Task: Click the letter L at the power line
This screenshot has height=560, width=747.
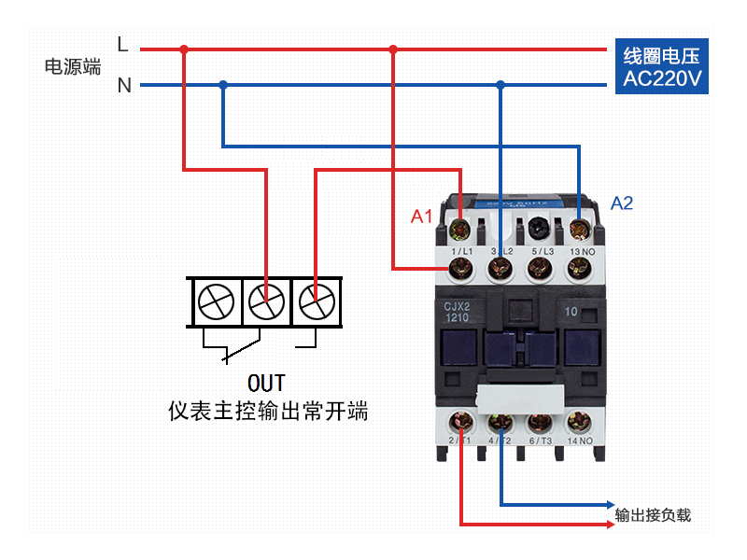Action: click(122, 44)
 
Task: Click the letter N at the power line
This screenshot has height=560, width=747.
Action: click(124, 86)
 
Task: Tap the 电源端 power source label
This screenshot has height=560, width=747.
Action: click(73, 66)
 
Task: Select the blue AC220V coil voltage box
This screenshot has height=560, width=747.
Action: click(661, 66)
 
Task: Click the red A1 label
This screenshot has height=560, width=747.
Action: click(422, 217)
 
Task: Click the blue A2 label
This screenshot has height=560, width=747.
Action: click(622, 203)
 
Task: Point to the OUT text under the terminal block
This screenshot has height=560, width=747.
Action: click(266, 383)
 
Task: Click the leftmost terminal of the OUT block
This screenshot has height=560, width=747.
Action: click(216, 301)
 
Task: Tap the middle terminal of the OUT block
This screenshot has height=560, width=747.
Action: click(266, 301)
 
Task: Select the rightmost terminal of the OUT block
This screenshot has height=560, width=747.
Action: click(317, 301)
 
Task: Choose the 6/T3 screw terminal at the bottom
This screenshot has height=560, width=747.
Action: click(540, 423)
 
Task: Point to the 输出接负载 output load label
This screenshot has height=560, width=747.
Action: click(653, 515)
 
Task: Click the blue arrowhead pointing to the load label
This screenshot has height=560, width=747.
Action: click(609, 505)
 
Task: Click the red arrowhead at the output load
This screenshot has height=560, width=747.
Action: click(609, 523)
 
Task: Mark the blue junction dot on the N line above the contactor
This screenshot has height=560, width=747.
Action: click(500, 86)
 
